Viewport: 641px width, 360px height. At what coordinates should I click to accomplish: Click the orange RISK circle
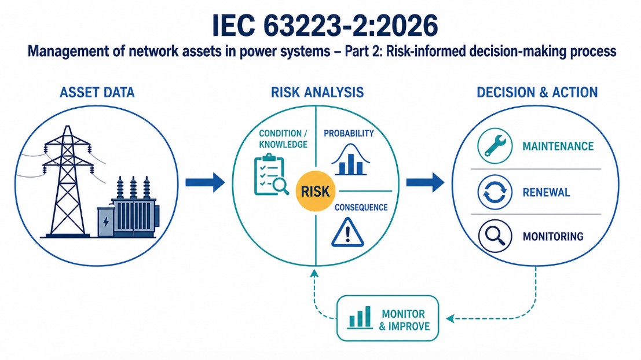coord(315,191)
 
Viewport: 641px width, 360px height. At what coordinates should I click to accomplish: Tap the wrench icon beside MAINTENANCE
coord(495,146)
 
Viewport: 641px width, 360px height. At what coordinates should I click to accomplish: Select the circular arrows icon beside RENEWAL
coord(495,192)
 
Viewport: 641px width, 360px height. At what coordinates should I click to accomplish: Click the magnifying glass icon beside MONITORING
coord(495,236)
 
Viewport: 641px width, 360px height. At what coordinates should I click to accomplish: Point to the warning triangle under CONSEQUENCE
coord(347,233)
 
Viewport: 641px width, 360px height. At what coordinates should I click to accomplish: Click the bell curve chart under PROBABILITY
coord(351,160)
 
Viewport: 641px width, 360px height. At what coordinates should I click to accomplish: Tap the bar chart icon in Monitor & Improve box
coord(360,318)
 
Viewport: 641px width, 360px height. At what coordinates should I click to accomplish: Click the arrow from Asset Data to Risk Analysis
coord(205,182)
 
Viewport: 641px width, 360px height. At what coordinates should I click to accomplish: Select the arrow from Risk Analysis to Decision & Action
coord(425,182)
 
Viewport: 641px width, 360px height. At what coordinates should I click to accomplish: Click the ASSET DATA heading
coord(97,93)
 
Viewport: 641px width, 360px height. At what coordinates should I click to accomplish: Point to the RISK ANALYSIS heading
coord(317,93)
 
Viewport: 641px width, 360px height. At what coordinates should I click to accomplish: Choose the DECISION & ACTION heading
coord(537,93)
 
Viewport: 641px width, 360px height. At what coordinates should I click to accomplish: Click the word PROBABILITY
coord(349,133)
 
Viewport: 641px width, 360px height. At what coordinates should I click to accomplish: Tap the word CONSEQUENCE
coord(361,208)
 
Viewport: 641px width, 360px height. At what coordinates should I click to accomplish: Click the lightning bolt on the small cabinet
coord(106,222)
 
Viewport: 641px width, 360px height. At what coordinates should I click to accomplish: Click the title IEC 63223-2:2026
coord(325,25)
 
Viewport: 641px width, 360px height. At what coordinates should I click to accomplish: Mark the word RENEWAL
coord(546,192)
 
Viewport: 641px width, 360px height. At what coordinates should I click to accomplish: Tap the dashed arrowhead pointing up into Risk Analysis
coord(314,273)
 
